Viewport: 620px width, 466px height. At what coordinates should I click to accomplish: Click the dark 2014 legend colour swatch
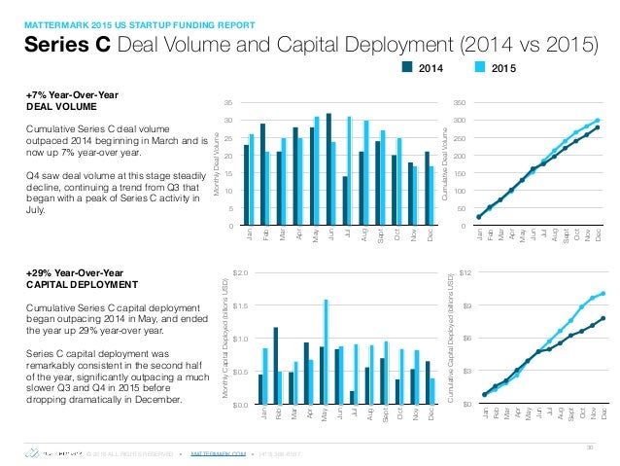(408, 68)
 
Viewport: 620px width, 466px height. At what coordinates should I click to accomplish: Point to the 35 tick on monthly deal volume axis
(227, 101)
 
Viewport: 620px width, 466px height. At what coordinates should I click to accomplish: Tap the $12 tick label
(465, 273)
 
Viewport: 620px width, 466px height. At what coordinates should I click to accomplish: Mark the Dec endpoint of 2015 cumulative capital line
(603, 293)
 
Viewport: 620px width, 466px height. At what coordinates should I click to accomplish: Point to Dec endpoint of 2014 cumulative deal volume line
(598, 127)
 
